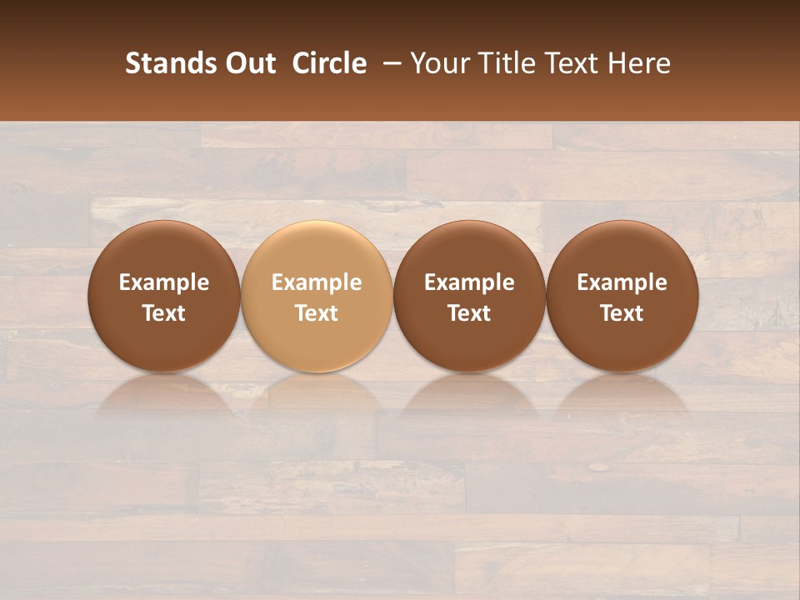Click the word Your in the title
coord(436,63)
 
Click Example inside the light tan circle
coord(317,282)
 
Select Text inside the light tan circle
coord(317,313)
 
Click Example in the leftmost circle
coord(164,282)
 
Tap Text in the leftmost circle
coord(164,313)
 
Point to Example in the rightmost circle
coord(622,282)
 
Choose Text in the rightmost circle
coord(622,313)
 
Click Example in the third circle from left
coord(469,282)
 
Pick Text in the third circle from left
coord(469,313)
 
